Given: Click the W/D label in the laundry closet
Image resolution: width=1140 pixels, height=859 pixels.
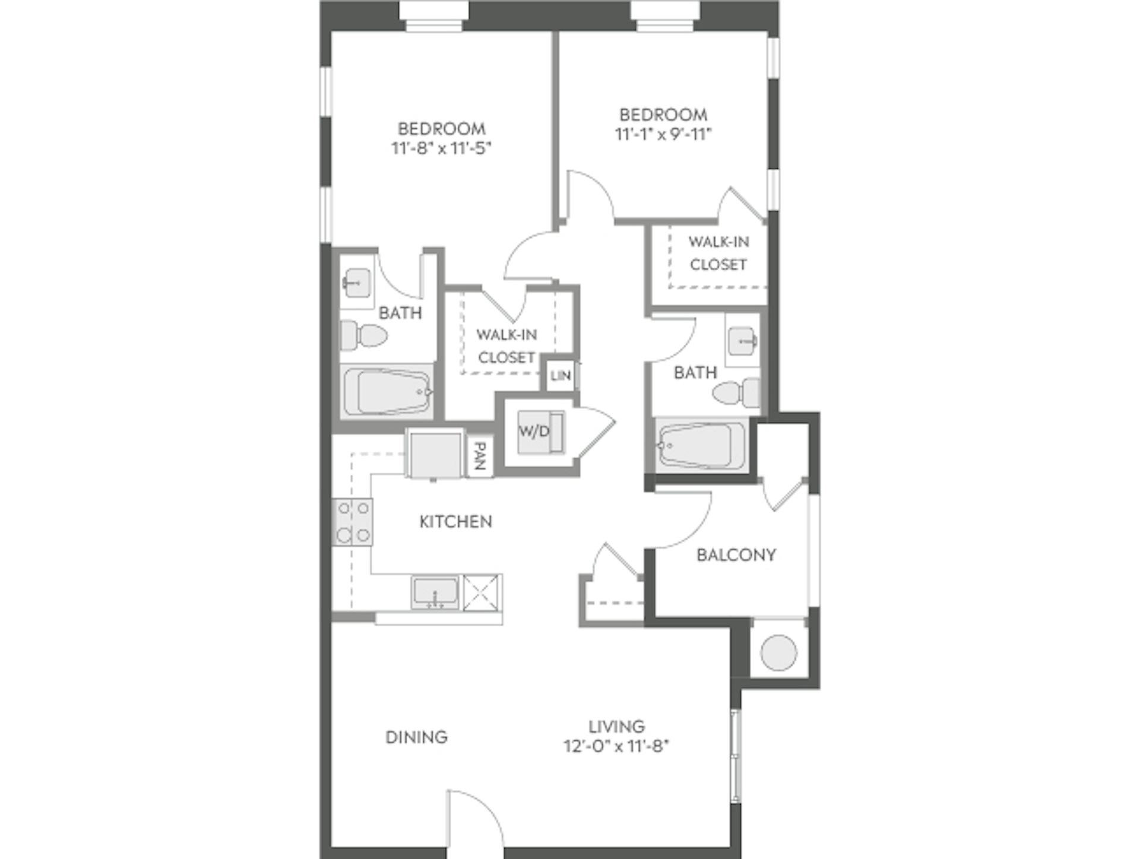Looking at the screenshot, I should [534, 432].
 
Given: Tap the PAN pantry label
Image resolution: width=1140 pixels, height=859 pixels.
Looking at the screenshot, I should [480, 456].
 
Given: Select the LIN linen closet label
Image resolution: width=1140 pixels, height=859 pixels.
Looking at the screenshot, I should [560, 376].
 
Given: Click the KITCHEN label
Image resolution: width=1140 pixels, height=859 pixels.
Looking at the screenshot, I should [455, 522].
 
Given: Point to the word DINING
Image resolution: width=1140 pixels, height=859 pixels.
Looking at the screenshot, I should [416, 737].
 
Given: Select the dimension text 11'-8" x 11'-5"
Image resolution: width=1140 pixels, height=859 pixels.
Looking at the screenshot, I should [441, 148].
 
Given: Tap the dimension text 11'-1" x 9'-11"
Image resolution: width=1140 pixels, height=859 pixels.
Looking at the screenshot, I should [663, 134].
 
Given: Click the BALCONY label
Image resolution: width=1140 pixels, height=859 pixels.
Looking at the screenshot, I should [736, 555].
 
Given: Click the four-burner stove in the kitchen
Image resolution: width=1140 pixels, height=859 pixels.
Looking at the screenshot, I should [353, 522].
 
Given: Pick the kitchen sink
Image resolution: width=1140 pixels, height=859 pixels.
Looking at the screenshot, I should [435, 592].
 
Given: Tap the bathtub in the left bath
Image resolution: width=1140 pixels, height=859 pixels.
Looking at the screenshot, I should [387, 392].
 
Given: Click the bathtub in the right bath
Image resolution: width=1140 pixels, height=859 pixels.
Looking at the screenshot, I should [702, 446].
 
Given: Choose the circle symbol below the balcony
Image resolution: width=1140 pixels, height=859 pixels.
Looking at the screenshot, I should [778, 652].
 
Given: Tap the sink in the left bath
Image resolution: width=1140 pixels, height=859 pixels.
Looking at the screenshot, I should [357, 283].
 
